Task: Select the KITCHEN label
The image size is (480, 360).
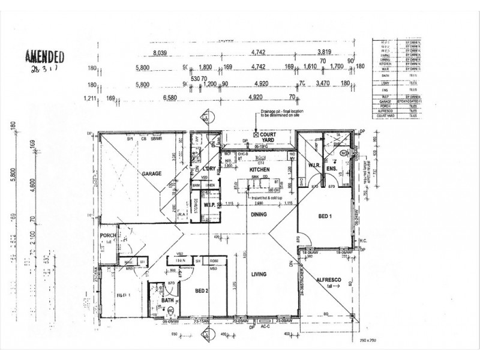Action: tap(261, 170)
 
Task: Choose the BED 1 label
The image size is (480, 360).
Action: tap(326, 216)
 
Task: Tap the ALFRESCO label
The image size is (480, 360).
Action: tap(329, 280)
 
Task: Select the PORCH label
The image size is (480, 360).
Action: tap(109, 235)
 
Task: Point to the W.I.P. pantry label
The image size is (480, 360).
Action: tap(209, 205)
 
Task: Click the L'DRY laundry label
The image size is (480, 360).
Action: tap(209, 169)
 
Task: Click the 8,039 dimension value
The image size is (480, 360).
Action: tap(160, 53)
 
